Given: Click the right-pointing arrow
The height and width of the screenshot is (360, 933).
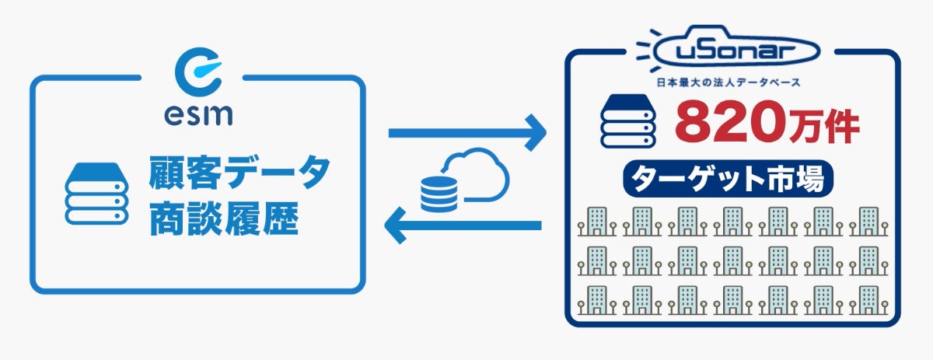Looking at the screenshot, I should click(466, 134).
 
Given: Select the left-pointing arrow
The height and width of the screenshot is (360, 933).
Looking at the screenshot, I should click(463, 226).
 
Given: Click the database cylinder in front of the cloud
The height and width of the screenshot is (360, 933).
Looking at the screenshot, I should click(439, 194).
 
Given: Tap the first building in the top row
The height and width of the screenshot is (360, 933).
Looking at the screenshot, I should click(596, 221).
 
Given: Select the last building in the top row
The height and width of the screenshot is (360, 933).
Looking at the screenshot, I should click(868, 221).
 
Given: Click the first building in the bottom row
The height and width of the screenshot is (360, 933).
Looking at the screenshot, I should click(596, 300).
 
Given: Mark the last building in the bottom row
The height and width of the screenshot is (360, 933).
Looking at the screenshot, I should click(868, 300).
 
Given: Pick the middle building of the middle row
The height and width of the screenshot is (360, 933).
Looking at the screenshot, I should click(732, 260).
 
